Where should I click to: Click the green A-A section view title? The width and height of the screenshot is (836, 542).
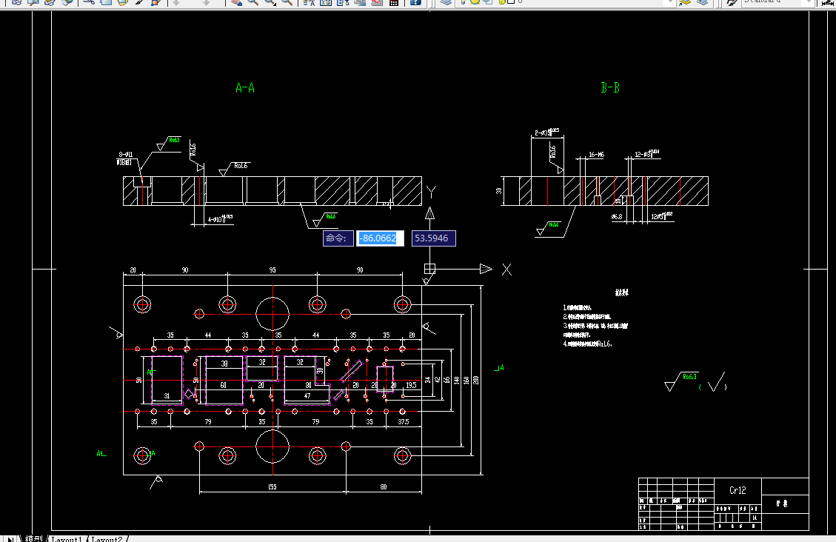(x=245, y=88)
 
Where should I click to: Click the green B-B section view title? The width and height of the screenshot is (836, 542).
(x=609, y=88)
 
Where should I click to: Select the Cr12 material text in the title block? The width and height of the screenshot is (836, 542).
(x=737, y=490)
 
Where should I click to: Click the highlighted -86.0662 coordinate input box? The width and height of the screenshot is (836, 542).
(x=380, y=238)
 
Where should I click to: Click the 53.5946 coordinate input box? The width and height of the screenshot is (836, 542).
(x=434, y=238)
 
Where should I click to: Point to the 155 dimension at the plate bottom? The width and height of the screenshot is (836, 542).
(x=272, y=486)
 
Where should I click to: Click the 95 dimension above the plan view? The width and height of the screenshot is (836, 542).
(x=272, y=270)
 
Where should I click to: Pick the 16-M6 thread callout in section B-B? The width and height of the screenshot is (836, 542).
(x=596, y=155)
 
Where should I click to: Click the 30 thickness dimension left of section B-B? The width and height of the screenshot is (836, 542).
(x=499, y=190)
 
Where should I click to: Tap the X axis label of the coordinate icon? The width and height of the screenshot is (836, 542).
(x=506, y=269)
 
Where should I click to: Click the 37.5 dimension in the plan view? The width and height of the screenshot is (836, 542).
(x=403, y=421)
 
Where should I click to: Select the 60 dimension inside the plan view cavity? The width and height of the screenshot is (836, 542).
(x=223, y=386)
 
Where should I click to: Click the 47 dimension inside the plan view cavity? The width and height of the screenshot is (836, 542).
(x=307, y=396)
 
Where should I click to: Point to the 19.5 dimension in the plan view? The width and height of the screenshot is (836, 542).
(x=411, y=386)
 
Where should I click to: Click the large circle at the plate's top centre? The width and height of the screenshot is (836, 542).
(x=272, y=313)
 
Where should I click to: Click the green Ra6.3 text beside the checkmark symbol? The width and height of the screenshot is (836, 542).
(x=689, y=376)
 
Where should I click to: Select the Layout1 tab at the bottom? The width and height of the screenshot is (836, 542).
(x=67, y=538)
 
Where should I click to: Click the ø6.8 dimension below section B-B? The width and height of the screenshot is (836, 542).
(x=615, y=217)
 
